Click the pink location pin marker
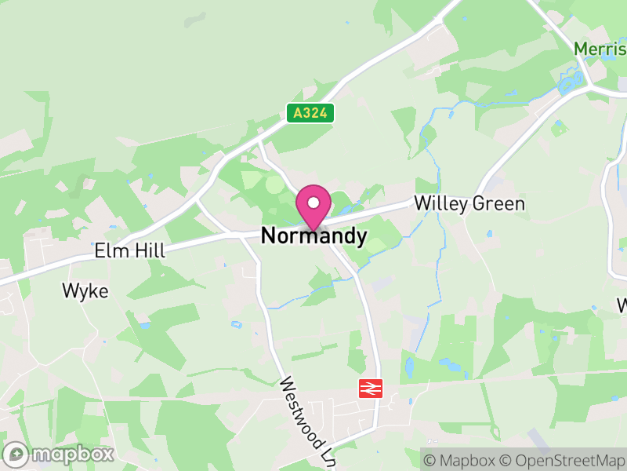(x=313, y=206)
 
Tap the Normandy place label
(x=313, y=235)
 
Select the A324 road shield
(x=310, y=113)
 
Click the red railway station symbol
(x=370, y=388)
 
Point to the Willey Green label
(x=469, y=204)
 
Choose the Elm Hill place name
(x=129, y=251)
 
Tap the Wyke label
(x=85, y=291)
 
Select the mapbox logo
(x=59, y=453)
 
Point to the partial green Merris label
(x=600, y=49)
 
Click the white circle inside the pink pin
(x=313, y=202)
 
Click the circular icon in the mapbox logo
(x=16, y=454)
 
